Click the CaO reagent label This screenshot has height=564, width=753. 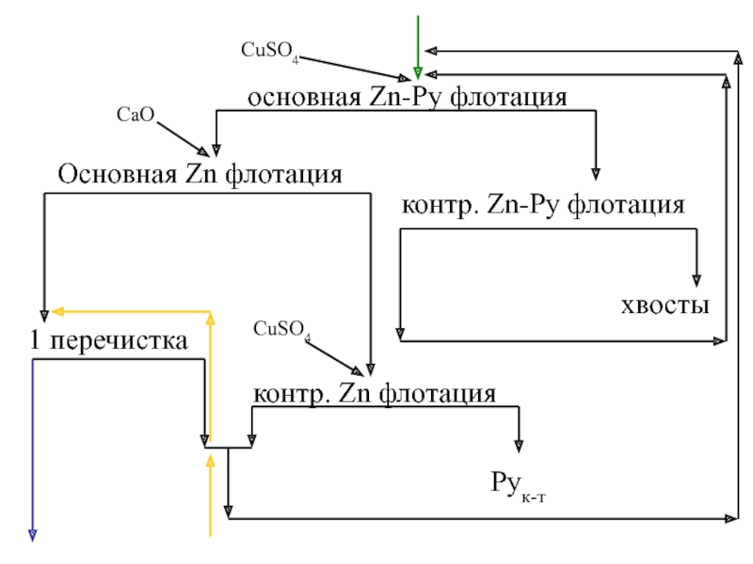click(x=135, y=115)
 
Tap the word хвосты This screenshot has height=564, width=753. click(x=665, y=305)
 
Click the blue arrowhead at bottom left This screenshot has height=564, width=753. click(x=33, y=534)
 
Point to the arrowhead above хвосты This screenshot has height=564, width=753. click(x=697, y=279)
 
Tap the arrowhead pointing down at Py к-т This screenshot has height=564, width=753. click(x=518, y=446)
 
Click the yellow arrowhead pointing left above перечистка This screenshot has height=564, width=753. click(x=56, y=310)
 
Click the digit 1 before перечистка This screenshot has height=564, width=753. click(x=35, y=342)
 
